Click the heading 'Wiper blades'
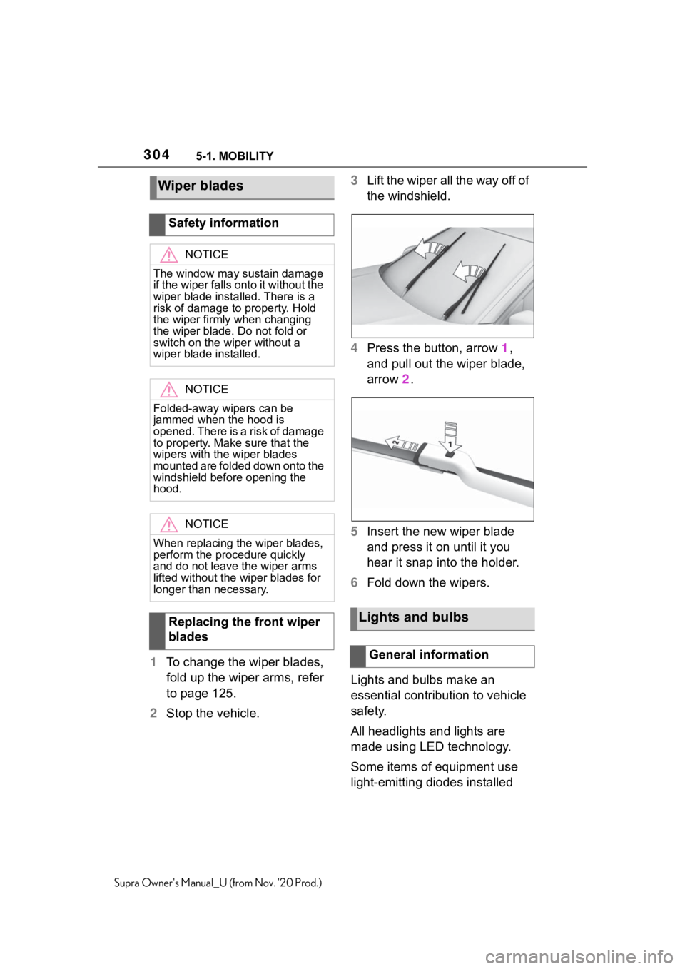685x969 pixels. point(201,186)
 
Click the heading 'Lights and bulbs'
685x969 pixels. point(413,617)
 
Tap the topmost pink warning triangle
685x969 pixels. point(168,255)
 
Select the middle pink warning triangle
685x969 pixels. point(168,390)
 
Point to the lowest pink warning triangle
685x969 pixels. point(168,525)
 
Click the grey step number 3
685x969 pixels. point(354,181)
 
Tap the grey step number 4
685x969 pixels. point(354,348)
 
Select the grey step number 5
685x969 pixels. point(354,532)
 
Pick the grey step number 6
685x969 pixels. point(354,582)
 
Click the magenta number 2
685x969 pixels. point(405,380)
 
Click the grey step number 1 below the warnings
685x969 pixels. point(153,662)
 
